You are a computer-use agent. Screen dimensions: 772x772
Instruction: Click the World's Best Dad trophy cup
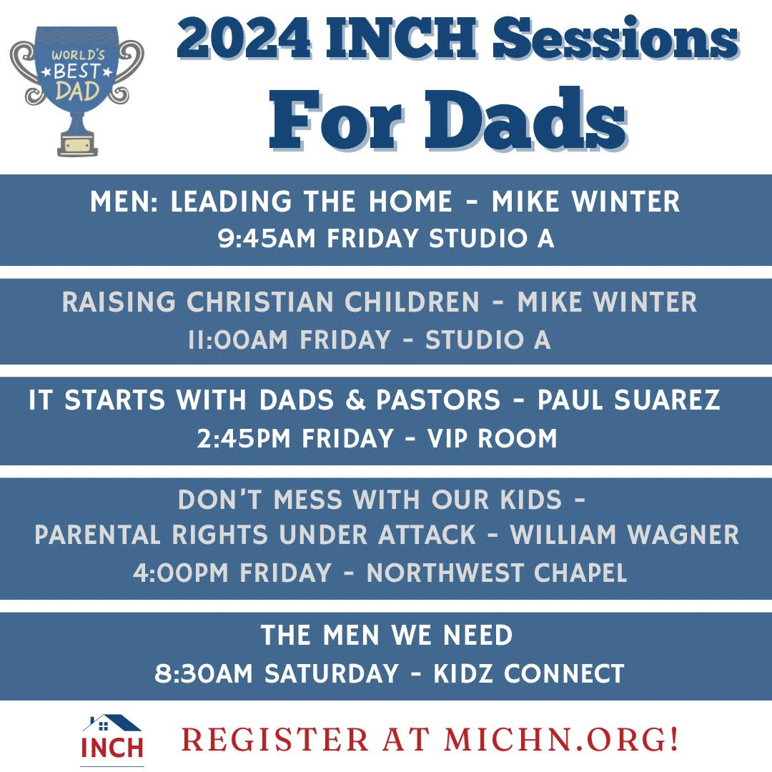click(x=76, y=90)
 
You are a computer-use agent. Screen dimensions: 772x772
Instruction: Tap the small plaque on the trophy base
click(x=77, y=146)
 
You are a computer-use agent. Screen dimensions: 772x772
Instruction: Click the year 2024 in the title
click(x=243, y=37)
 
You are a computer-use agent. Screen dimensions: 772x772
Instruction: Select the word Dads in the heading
click(x=526, y=119)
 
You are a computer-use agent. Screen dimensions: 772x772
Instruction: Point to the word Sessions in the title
click(x=616, y=37)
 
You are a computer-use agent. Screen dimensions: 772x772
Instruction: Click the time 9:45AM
click(x=267, y=238)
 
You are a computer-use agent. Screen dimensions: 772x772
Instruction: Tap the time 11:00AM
click(x=238, y=340)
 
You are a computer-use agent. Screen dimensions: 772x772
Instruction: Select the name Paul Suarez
click(x=629, y=400)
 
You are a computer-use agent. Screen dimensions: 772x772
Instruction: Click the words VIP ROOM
click(x=492, y=438)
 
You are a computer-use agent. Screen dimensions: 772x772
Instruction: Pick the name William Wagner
click(x=624, y=535)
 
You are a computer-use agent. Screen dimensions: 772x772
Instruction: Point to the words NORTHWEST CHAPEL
click(x=497, y=573)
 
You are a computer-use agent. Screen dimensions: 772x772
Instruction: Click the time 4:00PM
click(x=180, y=573)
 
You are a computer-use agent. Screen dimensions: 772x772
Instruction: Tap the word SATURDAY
click(x=332, y=673)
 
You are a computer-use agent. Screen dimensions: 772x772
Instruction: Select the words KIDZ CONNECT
click(x=529, y=673)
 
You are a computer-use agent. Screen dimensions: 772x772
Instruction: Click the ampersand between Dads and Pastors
click(x=355, y=400)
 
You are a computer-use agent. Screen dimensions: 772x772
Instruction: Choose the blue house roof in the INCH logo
click(x=112, y=723)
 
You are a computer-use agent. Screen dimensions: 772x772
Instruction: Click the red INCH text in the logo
click(x=112, y=748)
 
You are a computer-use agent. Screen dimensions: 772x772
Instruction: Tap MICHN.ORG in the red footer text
click(x=555, y=740)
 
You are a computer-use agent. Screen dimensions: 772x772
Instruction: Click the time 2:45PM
click(x=244, y=438)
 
